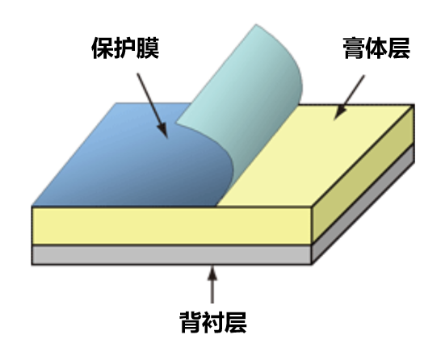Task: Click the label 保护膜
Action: point(125,48)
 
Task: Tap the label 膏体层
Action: point(376,48)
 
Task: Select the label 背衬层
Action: point(213,322)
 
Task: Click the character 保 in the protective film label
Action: point(103,48)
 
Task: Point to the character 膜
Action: point(148,48)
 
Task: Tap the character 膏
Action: point(354,48)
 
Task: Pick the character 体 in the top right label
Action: point(376,48)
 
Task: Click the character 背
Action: point(191,322)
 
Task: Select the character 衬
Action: point(213,322)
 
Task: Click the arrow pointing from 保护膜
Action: point(152,106)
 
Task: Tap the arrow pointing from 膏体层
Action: point(349,98)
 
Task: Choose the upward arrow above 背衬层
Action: point(212,284)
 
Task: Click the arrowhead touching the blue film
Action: point(163,131)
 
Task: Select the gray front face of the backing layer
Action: point(171,254)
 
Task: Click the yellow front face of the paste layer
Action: point(171,226)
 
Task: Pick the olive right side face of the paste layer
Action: point(363,174)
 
